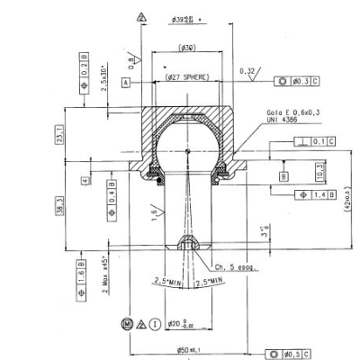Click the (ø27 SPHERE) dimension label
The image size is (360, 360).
tap(186, 77)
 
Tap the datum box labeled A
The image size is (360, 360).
tap(128, 82)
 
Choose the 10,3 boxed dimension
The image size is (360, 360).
tap(319, 169)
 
